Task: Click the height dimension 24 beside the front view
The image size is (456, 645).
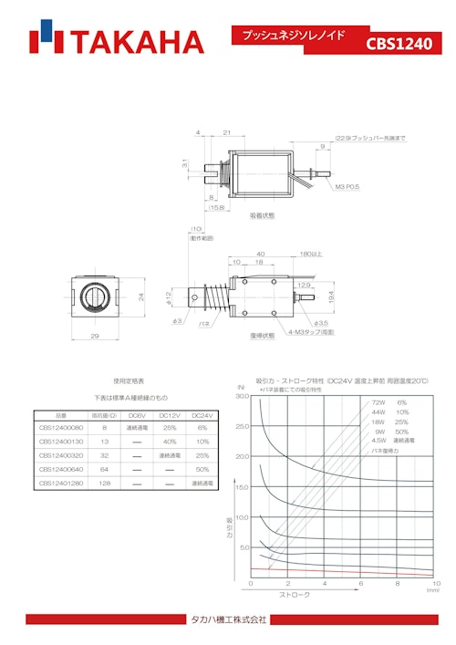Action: [x=140, y=296]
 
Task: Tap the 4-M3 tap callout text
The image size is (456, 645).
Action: [x=315, y=331]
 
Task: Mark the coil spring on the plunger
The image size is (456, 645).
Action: [x=214, y=297]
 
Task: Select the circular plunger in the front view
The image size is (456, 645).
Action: [x=95, y=296]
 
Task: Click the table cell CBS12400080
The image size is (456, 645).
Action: [x=61, y=427]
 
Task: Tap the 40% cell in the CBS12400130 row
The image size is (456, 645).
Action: [x=169, y=441]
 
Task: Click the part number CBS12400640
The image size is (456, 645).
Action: [x=61, y=469]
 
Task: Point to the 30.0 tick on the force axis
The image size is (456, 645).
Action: [x=242, y=397]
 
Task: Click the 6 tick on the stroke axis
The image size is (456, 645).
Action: [x=361, y=583]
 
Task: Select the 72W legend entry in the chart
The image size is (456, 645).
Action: [x=378, y=402]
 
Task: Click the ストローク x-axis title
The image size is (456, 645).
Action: [x=292, y=594]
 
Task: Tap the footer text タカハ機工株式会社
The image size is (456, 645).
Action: [x=228, y=619]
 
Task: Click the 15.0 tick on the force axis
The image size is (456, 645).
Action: [x=242, y=487]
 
